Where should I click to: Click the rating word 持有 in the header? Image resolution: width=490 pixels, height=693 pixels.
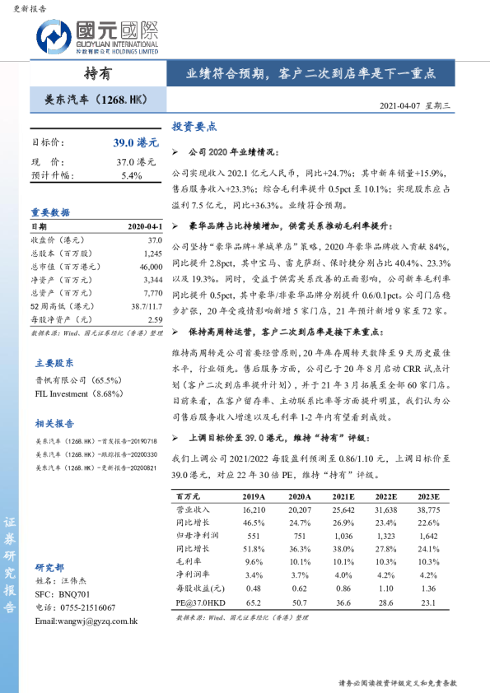(97, 72)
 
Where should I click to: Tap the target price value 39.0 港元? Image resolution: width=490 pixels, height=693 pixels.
(136, 143)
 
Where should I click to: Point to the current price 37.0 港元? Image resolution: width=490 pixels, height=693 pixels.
(136, 162)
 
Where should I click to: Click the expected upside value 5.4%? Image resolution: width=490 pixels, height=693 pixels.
(132, 175)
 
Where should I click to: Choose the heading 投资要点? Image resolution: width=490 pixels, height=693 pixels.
(194, 127)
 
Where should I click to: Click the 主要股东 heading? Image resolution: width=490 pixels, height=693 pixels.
(54, 362)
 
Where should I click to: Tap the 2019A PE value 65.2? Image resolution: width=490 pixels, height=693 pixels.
(254, 602)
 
